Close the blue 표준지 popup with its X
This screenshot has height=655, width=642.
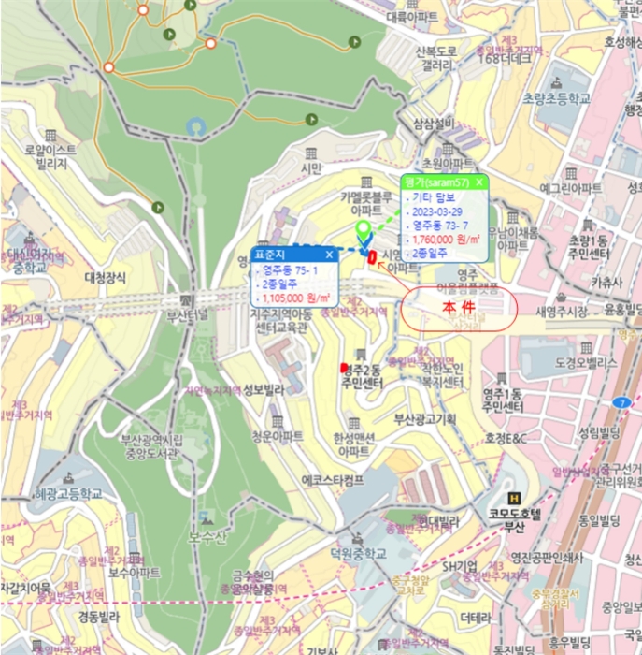329,254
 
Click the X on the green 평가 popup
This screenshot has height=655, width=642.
479,182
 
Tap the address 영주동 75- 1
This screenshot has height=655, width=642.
290,270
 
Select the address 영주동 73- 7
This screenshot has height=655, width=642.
436,226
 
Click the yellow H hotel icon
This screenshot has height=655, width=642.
511,498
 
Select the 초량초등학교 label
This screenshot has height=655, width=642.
556,99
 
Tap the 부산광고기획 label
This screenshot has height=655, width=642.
423,418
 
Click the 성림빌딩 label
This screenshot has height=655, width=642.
599,432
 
